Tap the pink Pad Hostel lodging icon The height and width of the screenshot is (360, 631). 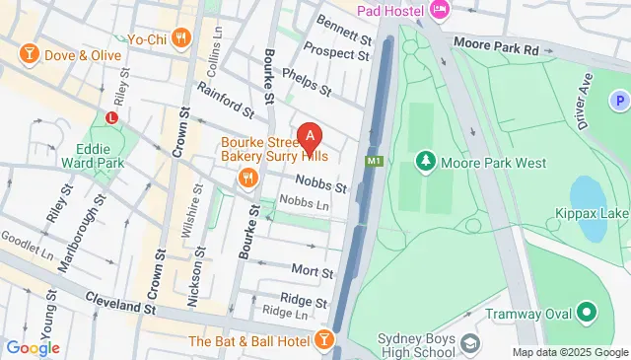440,11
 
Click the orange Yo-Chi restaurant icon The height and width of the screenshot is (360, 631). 179,39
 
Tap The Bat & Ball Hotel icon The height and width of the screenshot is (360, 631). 323,341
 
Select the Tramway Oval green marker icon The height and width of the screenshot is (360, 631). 587,315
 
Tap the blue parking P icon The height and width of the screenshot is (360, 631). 619,100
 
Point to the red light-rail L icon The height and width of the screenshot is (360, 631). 111,115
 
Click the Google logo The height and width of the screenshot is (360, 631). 33,347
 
